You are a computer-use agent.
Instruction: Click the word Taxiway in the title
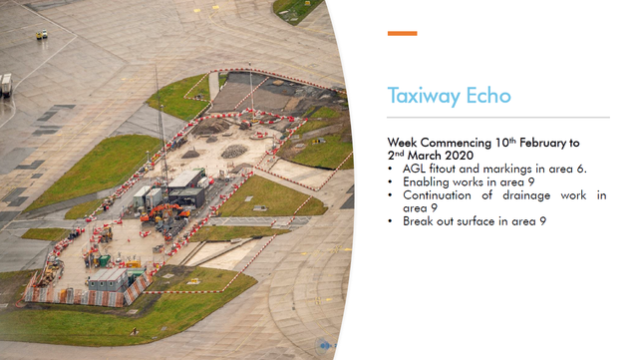(424, 97)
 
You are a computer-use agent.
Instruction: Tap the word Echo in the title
(488, 96)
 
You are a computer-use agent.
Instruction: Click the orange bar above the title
(402, 33)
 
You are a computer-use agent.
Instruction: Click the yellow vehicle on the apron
(42, 35)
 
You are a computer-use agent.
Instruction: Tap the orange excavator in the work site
(163, 211)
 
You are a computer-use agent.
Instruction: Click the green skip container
(104, 260)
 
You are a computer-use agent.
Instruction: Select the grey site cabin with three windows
(108, 279)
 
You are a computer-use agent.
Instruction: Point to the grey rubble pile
(234, 152)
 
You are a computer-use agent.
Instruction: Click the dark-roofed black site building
(187, 196)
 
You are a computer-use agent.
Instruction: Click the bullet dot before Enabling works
(391, 182)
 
